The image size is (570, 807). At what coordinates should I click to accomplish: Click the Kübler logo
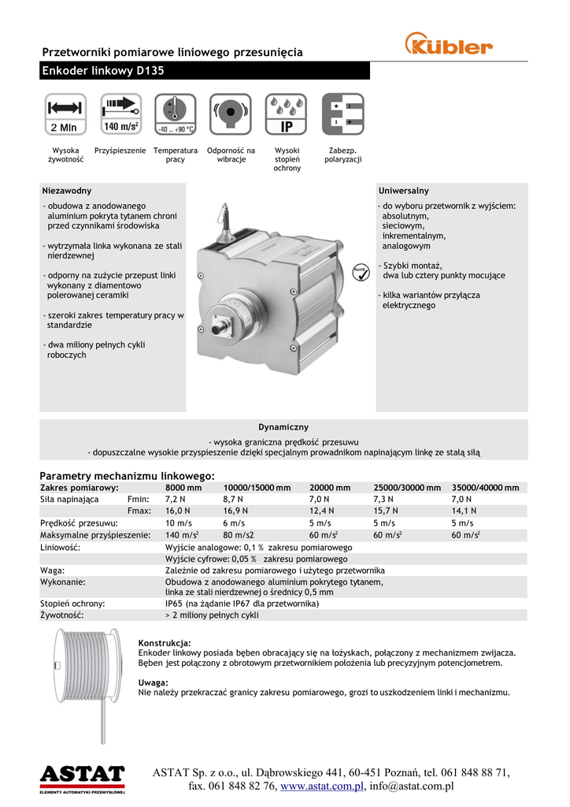point(448,44)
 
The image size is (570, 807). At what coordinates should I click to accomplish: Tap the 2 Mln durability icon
point(64,114)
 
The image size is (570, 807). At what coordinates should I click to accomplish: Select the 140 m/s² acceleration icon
point(120,114)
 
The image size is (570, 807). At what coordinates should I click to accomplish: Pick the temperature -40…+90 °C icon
point(175,114)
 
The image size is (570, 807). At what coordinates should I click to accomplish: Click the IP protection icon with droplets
point(287,114)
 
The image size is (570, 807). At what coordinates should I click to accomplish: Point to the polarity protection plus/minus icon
point(342,114)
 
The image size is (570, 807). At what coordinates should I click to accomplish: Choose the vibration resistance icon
point(231,114)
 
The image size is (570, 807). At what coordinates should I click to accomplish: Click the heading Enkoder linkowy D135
point(102,71)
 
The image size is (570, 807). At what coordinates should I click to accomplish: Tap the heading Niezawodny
point(67,191)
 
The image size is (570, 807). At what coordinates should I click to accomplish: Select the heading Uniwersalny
point(404,191)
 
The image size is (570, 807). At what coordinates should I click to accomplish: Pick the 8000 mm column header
point(183,488)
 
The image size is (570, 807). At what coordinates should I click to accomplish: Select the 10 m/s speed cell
point(180,523)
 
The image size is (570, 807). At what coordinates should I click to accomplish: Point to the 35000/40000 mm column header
point(485,488)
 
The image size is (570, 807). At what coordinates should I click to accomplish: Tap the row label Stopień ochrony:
point(72,604)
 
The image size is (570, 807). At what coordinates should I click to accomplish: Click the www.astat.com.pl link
point(321,786)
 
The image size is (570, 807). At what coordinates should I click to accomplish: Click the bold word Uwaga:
point(153,682)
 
